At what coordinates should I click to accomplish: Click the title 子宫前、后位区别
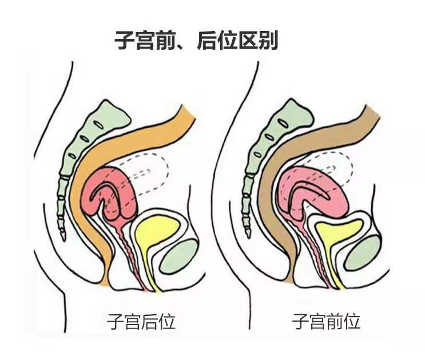pyautogui.click(x=196, y=41)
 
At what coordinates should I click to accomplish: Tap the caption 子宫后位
pyautogui.click(x=141, y=322)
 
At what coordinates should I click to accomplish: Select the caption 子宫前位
pyautogui.click(x=326, y=322)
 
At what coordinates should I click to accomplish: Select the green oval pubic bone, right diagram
pyautogui.click(x=363, y=253)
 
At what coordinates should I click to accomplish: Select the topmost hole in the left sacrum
pyautogui.click(x=98, y=125)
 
